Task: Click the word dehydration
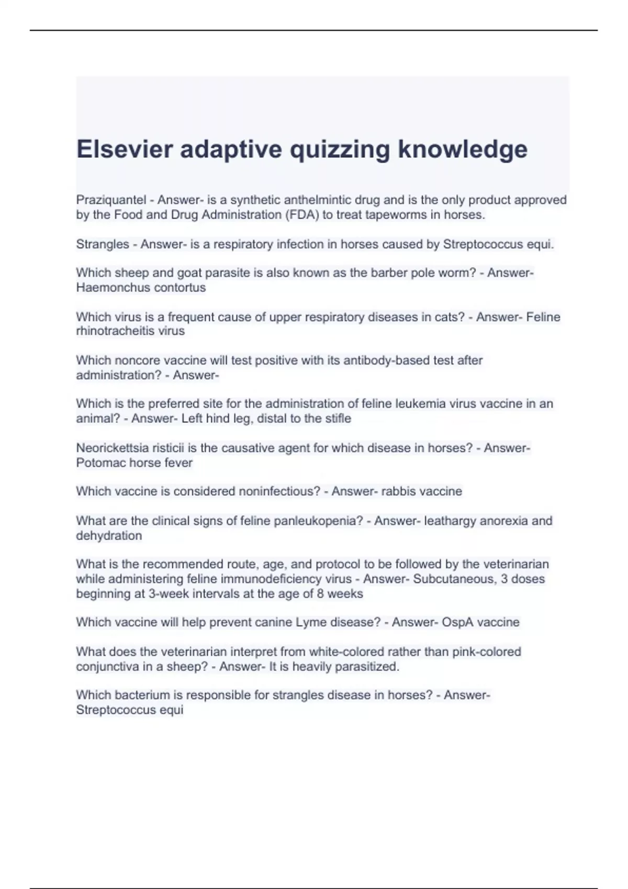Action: (x=109, y=535)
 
